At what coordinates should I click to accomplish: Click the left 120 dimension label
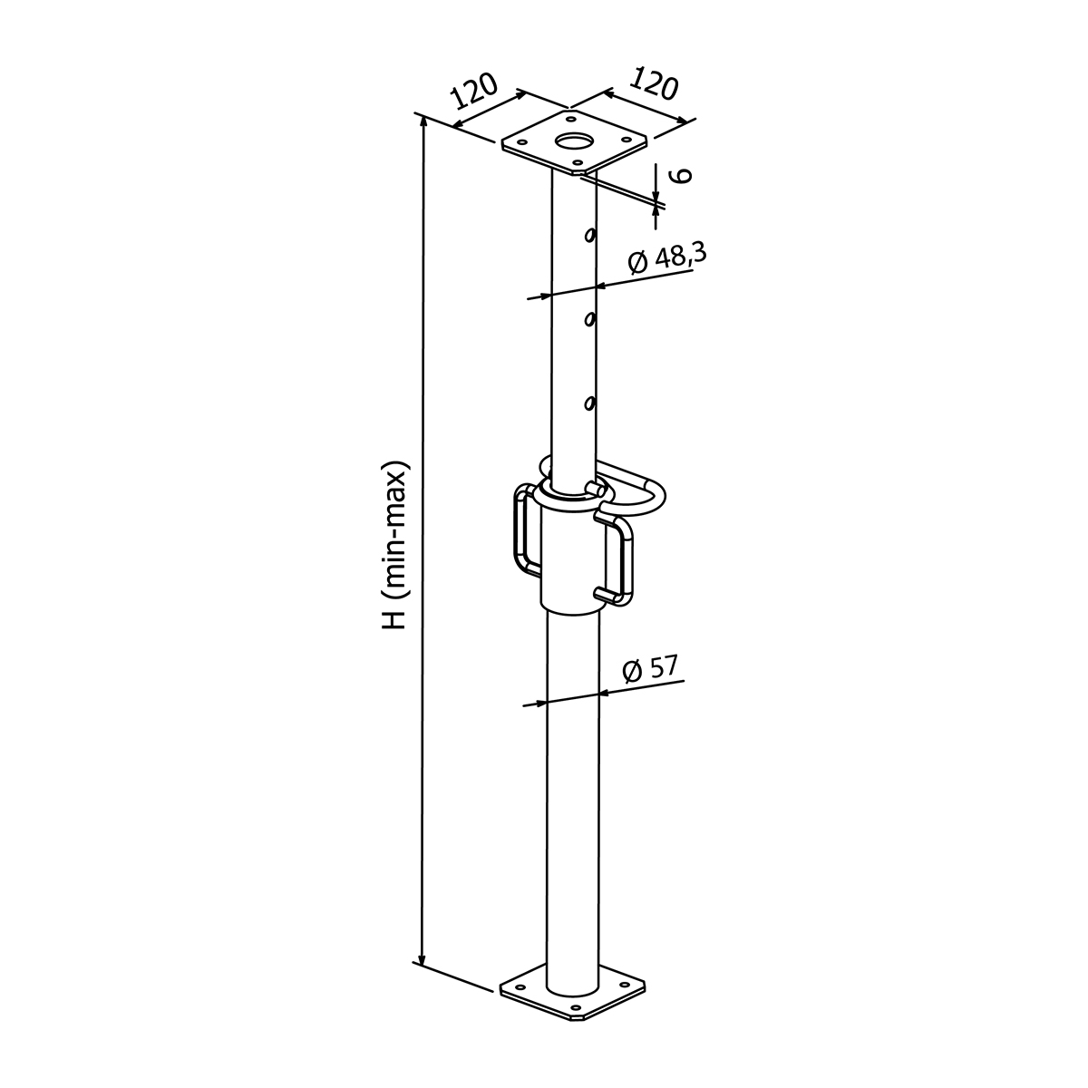tap(475, 91)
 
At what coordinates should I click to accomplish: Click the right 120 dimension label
tap(653, 83)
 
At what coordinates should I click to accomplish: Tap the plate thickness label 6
tap(682, 175)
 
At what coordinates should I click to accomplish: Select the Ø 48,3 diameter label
tap(666, 260)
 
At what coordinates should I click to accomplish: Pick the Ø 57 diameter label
tap(650, 669)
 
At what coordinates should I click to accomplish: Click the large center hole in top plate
tap(574, 141)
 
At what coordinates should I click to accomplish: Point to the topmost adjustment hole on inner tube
tap(590, 234)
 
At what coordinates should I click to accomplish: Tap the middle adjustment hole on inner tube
tap(590, 319)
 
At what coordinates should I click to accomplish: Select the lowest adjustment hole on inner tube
tap(590, 403)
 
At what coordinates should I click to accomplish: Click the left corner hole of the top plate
tap(523, 143)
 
